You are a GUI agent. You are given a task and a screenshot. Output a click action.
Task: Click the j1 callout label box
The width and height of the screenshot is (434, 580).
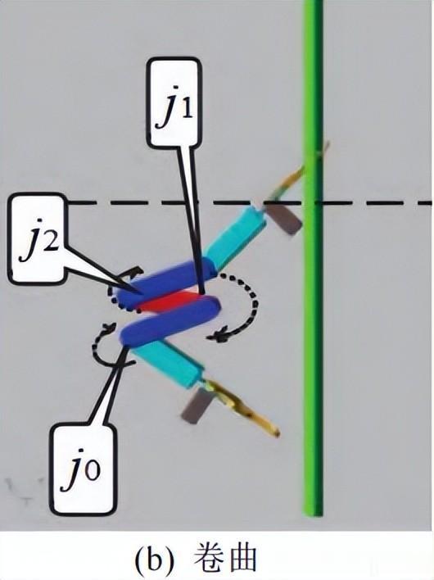point(174,103)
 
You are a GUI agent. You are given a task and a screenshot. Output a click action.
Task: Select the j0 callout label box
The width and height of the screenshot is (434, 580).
point(82,470)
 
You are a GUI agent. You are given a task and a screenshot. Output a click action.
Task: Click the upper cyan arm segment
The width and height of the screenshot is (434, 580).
point(236,237)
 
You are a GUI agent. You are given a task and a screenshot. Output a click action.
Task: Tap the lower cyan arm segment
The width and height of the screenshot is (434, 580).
point(167,362)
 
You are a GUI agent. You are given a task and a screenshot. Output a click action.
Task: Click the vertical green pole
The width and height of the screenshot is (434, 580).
point(314,258)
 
